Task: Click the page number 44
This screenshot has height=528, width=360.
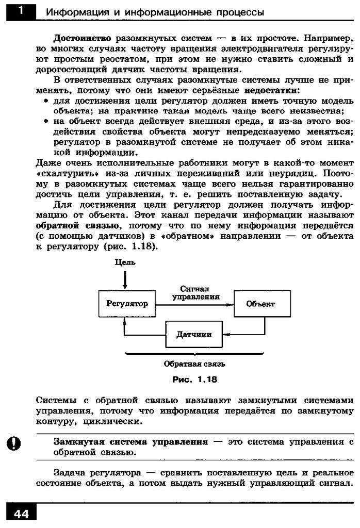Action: click(21, 515)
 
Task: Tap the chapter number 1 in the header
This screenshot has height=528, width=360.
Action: click(20, 11)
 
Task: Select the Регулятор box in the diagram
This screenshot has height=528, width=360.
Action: click(126, 304)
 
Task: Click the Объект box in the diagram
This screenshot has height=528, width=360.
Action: click(260, 304)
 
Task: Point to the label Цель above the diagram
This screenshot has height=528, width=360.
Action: click(125, 262)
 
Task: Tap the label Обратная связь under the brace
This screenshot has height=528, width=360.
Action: click(194, 364)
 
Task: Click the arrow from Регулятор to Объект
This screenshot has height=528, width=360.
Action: click(194, 304)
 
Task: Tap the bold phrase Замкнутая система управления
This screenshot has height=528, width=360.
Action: click(130, 442)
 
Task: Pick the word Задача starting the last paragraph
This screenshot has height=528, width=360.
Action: click(70, 473)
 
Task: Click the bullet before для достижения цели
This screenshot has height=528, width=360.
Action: click(46, 101)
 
